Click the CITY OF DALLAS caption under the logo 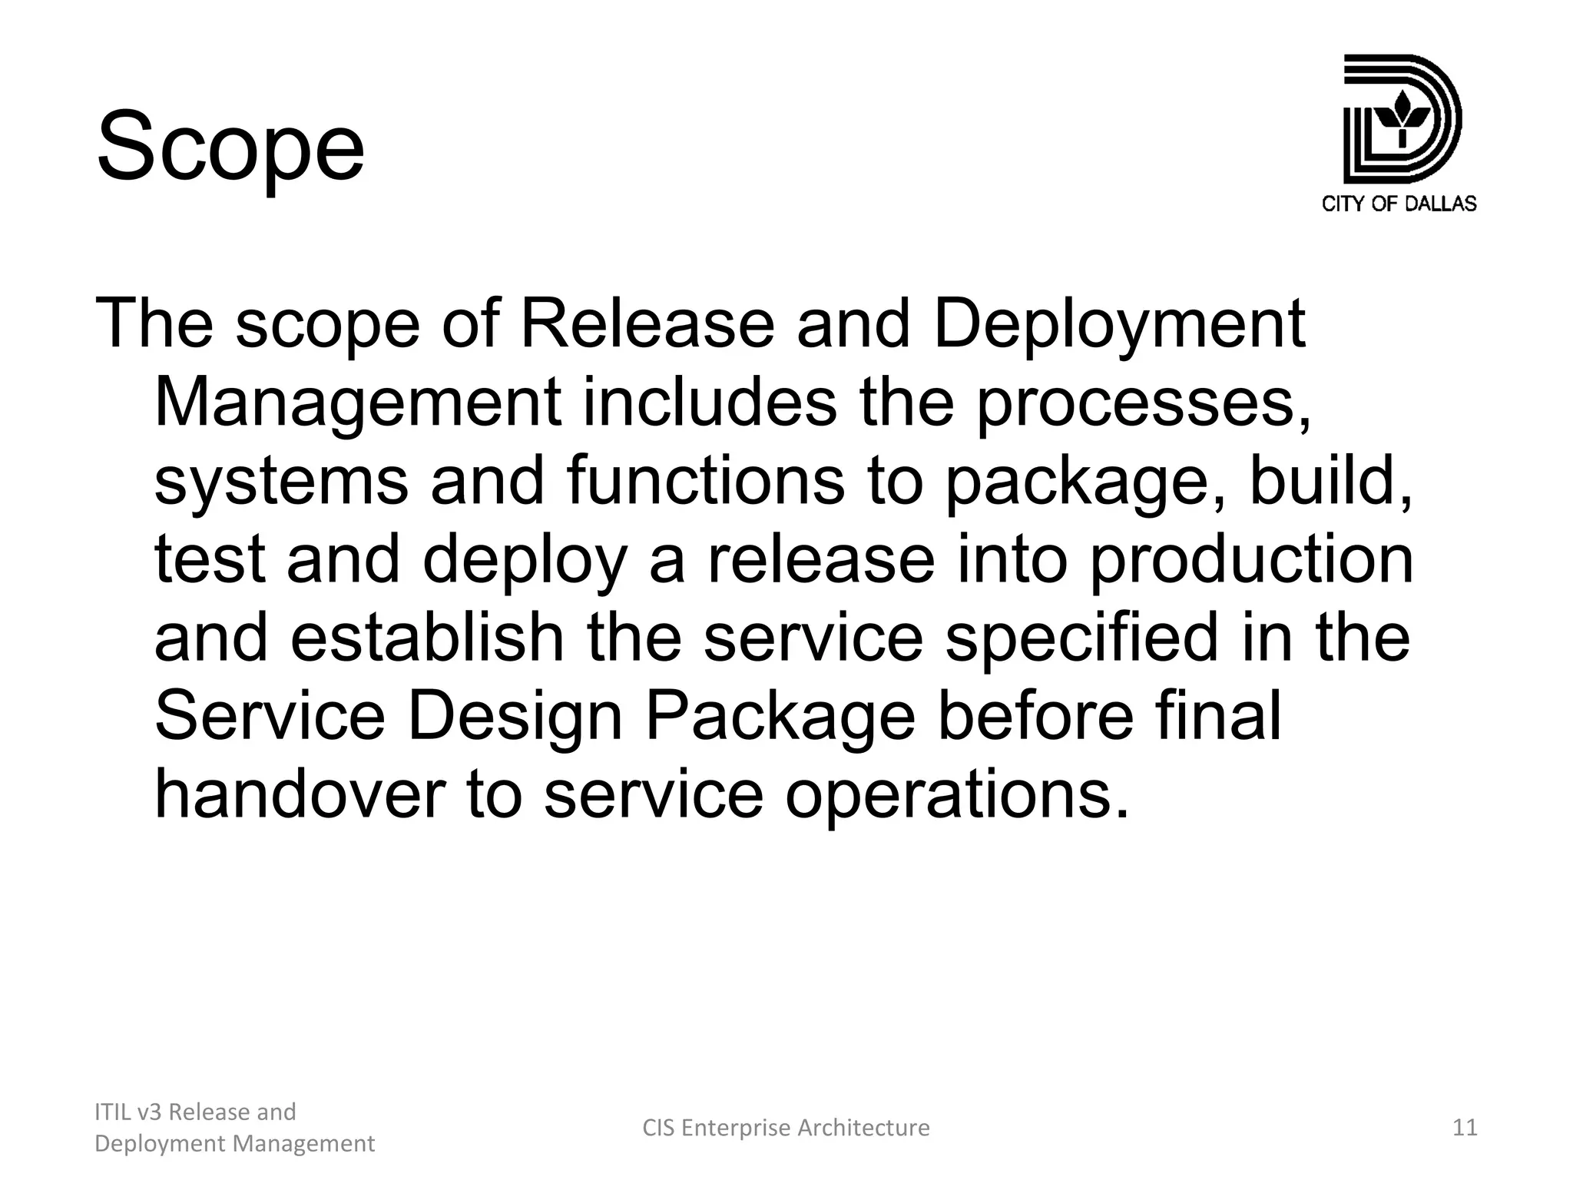pos(1399,204)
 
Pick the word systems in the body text pos(281,481)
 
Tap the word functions pos(705,481)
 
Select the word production pos(1251,559)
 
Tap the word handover pos(300,794)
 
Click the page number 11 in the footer pos(1465,1127)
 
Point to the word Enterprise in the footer pos(736,1127)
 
